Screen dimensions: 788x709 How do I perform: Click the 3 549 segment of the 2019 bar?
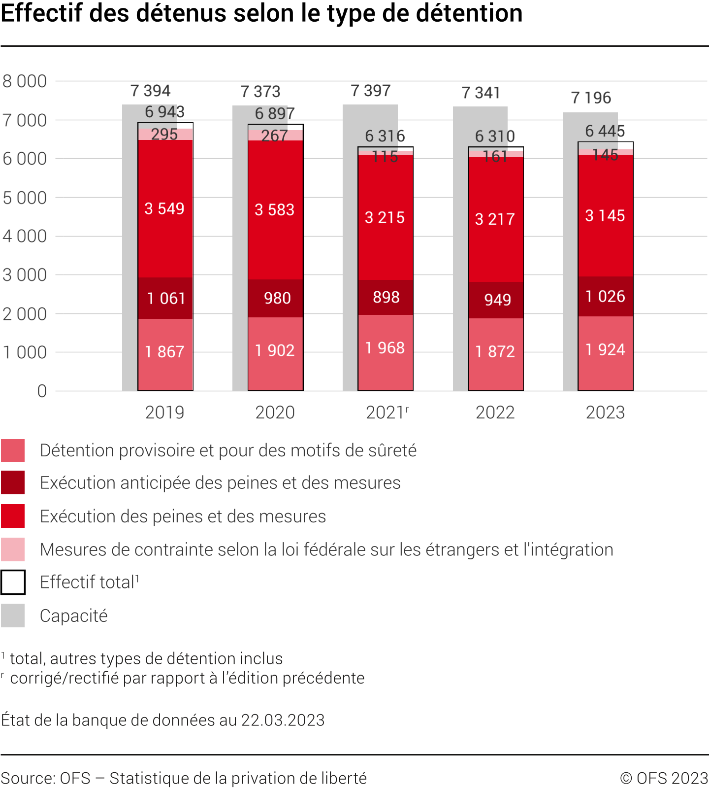point(165,208)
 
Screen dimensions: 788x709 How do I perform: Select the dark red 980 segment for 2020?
point(276,298)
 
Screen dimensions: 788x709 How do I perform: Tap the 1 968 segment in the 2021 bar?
point(386,348)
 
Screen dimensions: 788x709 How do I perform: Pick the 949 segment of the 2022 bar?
point(496,300)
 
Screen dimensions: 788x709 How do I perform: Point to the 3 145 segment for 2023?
point(605,215)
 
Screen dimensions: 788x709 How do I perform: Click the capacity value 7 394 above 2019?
point(150,91)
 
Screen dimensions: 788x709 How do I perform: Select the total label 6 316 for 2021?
point(385,136)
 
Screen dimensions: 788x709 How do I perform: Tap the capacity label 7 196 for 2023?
point(591,98)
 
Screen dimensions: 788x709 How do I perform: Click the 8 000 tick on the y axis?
point(25,81)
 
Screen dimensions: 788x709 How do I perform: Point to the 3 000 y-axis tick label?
point(25,275)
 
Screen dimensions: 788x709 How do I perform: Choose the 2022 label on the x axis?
point(495,412)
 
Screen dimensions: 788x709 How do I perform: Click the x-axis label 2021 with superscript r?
point(387,412)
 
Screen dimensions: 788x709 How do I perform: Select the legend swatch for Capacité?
point(13,616)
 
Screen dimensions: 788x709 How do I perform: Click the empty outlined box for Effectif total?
point(13,582)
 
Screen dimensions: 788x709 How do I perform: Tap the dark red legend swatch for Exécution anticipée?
point(13,482)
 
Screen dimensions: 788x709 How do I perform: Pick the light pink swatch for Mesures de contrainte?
point(13,549)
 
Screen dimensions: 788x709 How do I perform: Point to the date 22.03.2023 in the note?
point(283,720)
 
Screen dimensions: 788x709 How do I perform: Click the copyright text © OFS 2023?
point(664,778)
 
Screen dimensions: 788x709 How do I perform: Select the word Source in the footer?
point(28,778)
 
